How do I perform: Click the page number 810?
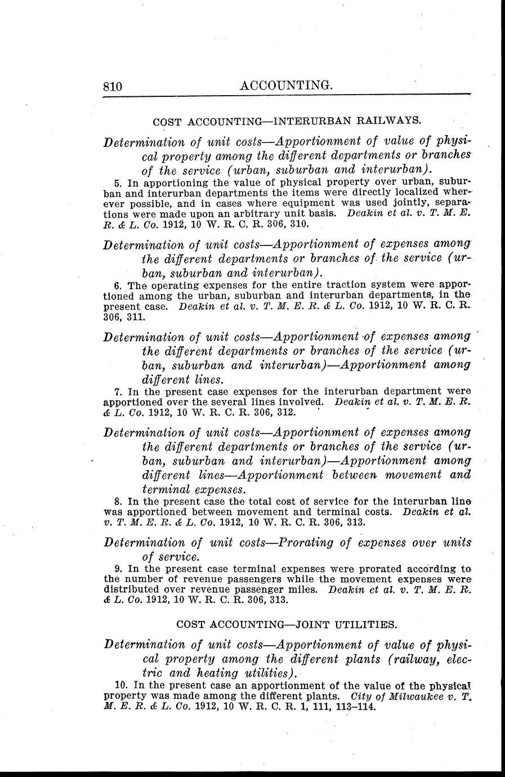pyautogui.click(x=113, y=86)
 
